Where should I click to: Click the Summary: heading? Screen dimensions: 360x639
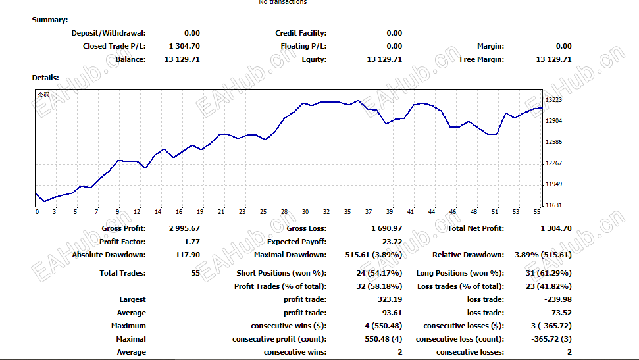50,20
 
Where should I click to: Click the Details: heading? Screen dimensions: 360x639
45,78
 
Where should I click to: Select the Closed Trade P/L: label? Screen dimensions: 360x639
114,46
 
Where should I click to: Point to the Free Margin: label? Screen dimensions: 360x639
482,59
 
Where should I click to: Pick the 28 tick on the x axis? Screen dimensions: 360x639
284,212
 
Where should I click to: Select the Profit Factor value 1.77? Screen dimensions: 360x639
191,242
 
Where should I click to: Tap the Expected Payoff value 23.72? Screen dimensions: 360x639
392,242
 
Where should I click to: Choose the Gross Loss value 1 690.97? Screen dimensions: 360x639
386,228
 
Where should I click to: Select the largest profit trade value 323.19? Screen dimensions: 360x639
389,299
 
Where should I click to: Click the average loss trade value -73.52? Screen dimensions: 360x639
559,313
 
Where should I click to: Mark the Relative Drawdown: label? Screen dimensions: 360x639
468,255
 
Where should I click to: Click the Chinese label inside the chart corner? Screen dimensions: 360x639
43,95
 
